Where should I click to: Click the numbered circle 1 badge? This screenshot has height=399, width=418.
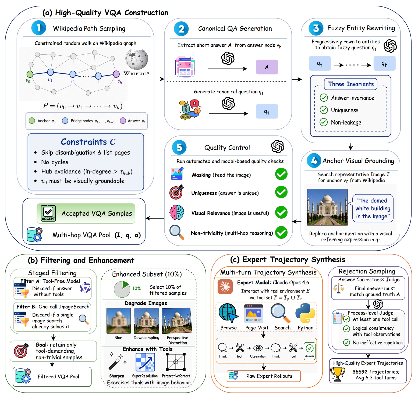pos(39,28)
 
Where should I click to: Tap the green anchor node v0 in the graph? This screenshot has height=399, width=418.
pos(30,74)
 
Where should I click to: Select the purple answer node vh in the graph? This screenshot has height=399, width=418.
pos(116,74)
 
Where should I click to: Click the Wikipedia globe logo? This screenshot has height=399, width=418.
pos(137,59)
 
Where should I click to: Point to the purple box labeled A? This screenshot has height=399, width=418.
pos(267,67)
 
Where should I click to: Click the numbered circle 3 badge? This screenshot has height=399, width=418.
pos(316,28)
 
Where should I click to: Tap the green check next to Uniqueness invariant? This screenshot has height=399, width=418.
pos(324,110)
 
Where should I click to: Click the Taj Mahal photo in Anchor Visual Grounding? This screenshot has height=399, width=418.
pos(327,207)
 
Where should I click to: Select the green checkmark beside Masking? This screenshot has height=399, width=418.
pos(281,174)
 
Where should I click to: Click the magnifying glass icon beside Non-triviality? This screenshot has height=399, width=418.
pos(177,232)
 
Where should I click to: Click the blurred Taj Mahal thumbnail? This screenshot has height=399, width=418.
pos(119,321)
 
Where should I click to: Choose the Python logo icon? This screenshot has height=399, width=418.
pos(305,313)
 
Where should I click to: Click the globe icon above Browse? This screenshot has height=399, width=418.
pos(228,313)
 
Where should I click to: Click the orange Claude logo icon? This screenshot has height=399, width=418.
pos(225,287)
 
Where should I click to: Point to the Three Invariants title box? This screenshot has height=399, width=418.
pos(351,84)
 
